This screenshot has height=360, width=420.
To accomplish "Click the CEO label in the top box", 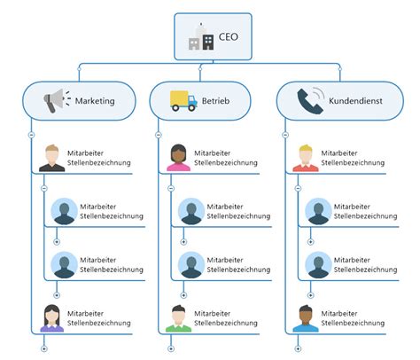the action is (x=229, y=37).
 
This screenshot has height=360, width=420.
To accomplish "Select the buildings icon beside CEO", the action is (x=201, y=36).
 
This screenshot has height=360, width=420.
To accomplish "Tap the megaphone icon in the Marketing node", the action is (x=57, y=100).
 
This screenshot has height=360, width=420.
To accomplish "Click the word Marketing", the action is (x=95, y=101).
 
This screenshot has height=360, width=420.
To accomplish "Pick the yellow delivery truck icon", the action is (x=183, y=100).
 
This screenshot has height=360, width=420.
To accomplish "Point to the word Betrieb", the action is (x=215, y=101).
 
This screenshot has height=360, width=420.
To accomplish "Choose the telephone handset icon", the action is (x=310, y=100).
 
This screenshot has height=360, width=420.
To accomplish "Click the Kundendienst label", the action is (x=355, y=101).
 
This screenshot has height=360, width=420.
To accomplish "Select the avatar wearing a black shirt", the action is (x=52, y=158).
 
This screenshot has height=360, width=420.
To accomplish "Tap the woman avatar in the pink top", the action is (x=179, y=158).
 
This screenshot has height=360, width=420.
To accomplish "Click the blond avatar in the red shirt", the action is (x=306, y=158).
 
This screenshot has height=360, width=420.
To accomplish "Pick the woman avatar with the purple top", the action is (x=52, y=318).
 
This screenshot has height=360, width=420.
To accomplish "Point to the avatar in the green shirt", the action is (x=179, y=318).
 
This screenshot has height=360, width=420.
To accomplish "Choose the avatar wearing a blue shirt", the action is (x=306, y=318).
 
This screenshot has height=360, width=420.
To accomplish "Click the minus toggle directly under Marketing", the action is (x=31, y=135).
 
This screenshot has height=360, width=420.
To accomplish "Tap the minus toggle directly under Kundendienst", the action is (x=285, y=135).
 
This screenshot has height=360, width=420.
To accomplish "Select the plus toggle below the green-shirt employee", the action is (x=171, y=348).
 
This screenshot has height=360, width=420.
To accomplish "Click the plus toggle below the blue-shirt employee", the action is (x=298, y=348).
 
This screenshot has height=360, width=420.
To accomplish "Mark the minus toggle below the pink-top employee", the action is (x=171, y=188).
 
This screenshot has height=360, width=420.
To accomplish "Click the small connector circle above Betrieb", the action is (x=200, y=69).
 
